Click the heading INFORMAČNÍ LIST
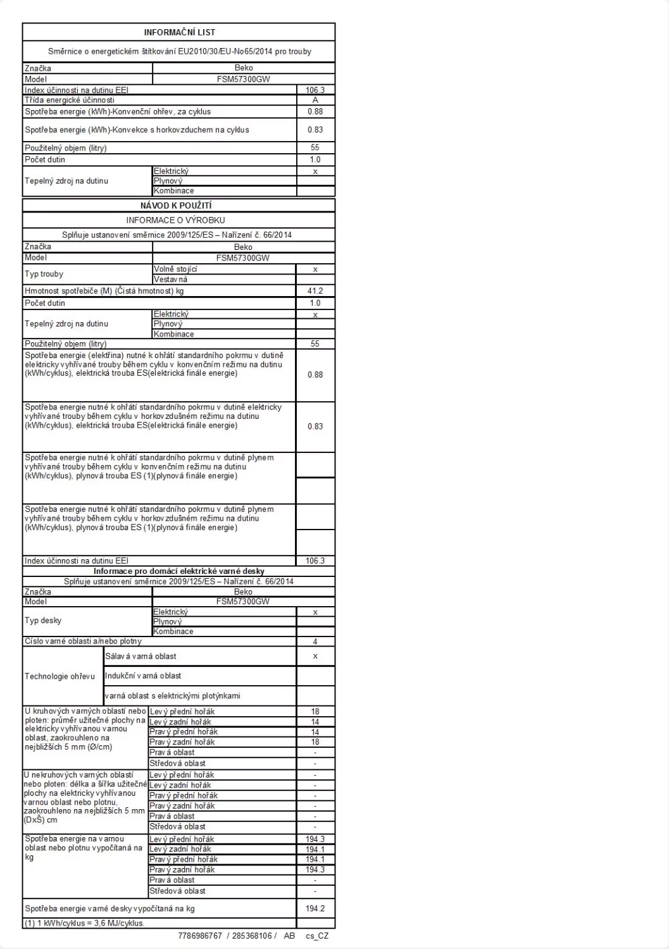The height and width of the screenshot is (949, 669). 179,32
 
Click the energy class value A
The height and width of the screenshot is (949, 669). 315,100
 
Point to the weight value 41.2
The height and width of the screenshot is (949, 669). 315,291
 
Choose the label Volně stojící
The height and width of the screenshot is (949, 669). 175,270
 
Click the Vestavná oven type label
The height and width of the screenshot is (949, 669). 170,279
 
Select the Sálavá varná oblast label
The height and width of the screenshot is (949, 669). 141,656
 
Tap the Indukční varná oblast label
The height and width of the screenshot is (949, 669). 144,676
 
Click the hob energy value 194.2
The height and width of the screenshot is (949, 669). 315,909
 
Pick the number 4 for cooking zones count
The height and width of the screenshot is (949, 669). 315,642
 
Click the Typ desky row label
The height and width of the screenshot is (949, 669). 43,621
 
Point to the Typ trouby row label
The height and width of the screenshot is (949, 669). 44,274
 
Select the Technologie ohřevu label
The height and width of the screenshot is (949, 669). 59,676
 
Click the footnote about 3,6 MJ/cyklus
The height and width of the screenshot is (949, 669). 85,923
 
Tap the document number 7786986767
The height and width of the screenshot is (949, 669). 201,936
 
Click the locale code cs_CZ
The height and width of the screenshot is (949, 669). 317,936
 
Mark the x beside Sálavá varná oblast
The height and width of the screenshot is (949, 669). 315,656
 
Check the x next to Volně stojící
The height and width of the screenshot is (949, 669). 315,270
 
